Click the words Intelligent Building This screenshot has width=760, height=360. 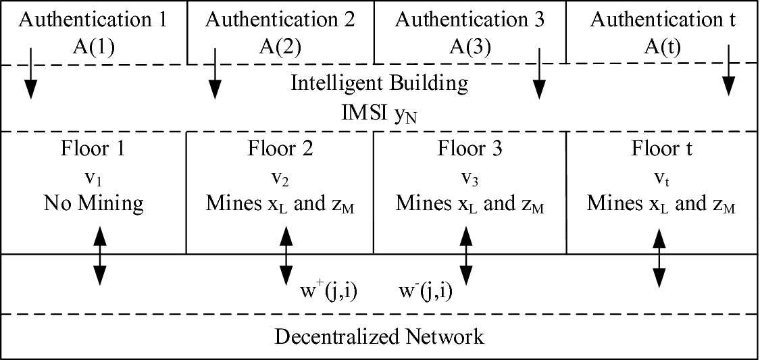point(379,83)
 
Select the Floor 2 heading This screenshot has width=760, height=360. point(280,147)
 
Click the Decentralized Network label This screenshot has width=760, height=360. point(379,336)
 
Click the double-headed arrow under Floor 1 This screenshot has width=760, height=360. point(100,255)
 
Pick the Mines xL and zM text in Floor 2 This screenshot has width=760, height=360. point(280,203)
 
